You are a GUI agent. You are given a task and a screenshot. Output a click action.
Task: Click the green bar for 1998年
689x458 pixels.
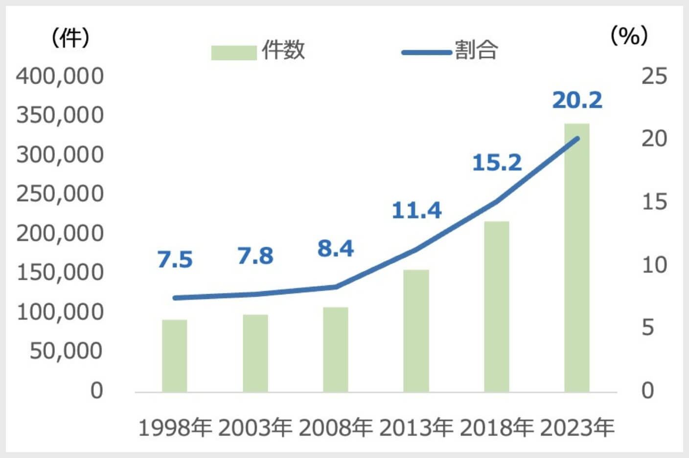coord(174,356)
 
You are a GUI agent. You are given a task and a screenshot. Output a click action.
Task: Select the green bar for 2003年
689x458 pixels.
coord(255,353)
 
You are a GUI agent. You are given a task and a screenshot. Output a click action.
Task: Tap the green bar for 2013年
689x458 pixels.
coord(416,331)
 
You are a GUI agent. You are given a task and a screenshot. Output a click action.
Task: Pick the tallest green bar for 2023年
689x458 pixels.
coord(576,258)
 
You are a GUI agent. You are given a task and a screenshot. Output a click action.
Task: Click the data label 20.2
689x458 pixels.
coord(577,100)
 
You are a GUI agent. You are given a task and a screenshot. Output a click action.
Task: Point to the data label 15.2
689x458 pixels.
coord(497,162)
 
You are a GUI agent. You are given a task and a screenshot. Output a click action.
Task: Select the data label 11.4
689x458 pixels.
coord(416,210)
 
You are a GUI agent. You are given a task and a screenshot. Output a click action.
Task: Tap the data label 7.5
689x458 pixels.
coord(175,259)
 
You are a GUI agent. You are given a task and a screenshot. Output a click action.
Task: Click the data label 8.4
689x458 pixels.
coord(335,249)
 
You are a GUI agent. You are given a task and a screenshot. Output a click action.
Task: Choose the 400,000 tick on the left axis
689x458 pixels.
coord(60,76)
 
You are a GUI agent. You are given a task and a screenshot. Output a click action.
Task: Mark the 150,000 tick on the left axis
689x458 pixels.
coord(60,273)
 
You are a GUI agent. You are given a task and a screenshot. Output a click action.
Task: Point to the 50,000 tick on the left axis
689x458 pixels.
coord(66,351)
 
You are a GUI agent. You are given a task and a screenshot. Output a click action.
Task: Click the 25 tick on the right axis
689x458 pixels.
coord(654,76)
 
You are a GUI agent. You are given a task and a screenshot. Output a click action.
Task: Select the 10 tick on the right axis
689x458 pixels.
coord(654,265)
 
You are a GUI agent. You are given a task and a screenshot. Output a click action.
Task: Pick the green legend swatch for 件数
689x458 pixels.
coord(233,52)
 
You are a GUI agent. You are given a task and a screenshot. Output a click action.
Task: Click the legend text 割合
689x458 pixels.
coord(476,50)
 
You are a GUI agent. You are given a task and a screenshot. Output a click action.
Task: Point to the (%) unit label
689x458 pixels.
coord(629,36)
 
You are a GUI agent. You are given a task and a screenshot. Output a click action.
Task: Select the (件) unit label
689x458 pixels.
coord(71,37)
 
